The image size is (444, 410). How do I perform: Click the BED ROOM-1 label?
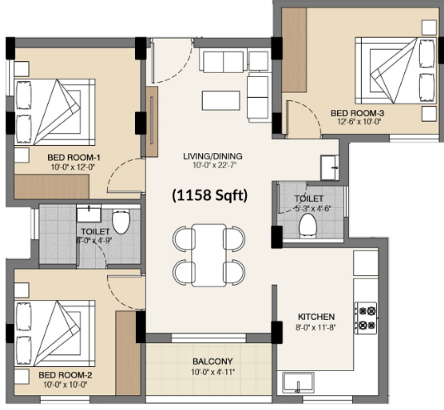(x=74, y=157)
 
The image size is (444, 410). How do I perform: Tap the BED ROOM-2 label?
(x=65, y=375)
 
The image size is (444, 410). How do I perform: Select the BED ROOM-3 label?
(x=357, y=113)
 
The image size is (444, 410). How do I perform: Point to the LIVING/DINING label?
(x=213, y=157)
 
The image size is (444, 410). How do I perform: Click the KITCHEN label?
(x=316, y=316)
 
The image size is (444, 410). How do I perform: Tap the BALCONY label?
(x=213, y=362)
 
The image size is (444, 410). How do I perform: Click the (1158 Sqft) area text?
(x=210, y=195)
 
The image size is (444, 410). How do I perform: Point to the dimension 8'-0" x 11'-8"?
(x=316, y=328)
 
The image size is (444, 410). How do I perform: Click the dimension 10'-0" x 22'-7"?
(x=215, y=165)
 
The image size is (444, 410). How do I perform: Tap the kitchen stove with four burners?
(x=366, y=318)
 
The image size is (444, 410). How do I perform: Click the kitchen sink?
(x=298, y=383)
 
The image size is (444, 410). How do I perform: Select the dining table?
(x=210, y=255)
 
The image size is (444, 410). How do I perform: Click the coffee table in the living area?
(x=221, y=100)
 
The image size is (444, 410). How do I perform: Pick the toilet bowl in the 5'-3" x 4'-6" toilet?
(x=308, y=225)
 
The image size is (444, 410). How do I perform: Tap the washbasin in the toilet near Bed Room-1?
(x=89, y=214)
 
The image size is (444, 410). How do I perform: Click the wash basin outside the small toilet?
(x=330, y=167)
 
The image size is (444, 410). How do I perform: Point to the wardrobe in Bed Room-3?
(x=294, y=50)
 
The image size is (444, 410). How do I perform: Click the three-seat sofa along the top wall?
(x=221, y=61)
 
